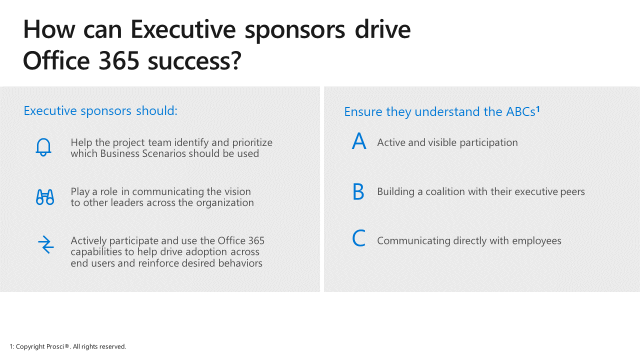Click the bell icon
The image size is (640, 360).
click(43, 147)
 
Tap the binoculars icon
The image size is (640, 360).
click(45, 197)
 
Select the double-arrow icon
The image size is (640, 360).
click(45, 244)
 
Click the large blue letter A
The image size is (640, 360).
click(359, 141)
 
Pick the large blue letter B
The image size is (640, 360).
click(358, 191)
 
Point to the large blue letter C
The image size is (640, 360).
click(358, 238)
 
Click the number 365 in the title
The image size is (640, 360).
click(119, 60)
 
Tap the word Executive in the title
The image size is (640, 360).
click(183, 29)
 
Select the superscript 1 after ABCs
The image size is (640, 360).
click(537, 109)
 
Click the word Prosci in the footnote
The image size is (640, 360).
click(55, 346)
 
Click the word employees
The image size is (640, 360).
click(536, 241)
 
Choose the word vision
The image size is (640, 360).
click(237, 191)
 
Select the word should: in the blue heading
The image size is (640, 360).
click(157, 111)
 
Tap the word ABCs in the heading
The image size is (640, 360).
click(520, 111)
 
